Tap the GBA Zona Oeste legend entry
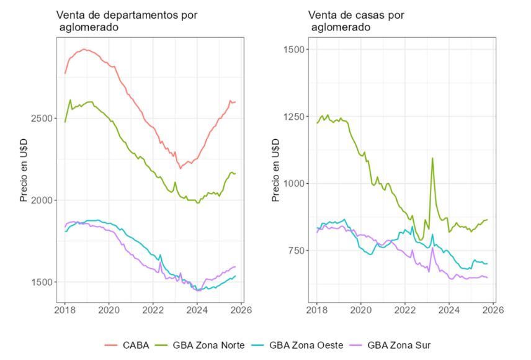(x=306, y=344)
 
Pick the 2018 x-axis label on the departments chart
(x=65, y=310)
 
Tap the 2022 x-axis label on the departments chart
(x=153, y=310)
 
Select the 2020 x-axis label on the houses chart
(x=360, y=310)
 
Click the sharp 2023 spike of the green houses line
(x=432, y=158)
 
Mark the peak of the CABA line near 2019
(x=84, y=49)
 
